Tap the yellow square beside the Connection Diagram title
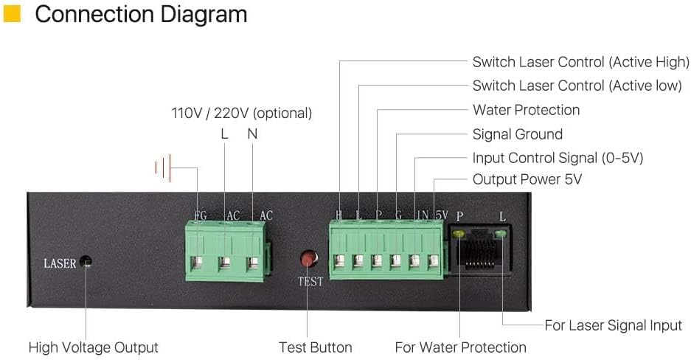(13, 14)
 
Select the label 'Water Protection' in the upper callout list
(526, 110)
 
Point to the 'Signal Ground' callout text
(517, 134)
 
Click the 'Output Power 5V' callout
(527, 179)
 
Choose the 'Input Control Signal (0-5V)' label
(558, 158)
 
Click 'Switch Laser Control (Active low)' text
(577, 86)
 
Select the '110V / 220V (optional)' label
(242, 114)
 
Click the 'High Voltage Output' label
(93, 347)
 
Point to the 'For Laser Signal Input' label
(613, 325)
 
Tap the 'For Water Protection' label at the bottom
(460, 347)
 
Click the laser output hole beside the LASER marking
(86, 262)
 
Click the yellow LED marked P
(459, 235)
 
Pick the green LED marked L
(501, 235)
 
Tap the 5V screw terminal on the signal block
(433, 260)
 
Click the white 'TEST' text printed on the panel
(310, 282)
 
